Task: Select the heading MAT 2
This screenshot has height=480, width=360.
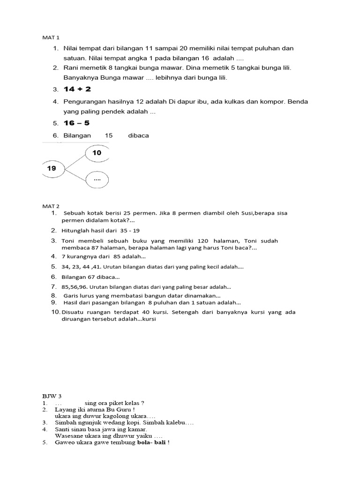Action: click(51, 206)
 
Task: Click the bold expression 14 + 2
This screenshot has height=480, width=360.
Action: click(78, 89)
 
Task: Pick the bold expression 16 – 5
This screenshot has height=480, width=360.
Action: click(76, 123)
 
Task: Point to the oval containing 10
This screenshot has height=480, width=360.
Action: click(97, 153)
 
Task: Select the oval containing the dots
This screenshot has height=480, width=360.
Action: click(97, 180)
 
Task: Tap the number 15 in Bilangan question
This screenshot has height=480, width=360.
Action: click(109, 135)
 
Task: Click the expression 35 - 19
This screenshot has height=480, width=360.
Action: click(129, 231)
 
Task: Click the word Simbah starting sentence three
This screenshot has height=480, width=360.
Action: click(65, 422)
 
